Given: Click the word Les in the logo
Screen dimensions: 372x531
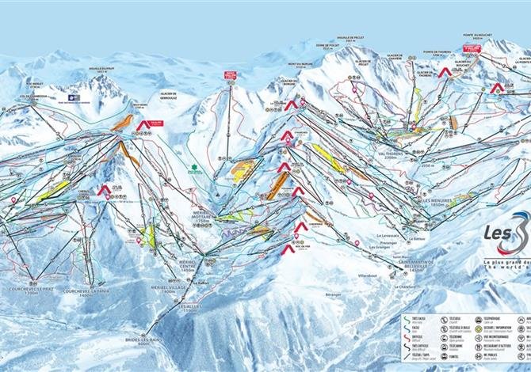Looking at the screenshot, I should point(497,233).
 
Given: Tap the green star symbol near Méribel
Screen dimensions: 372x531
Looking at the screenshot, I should point(190,167).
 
